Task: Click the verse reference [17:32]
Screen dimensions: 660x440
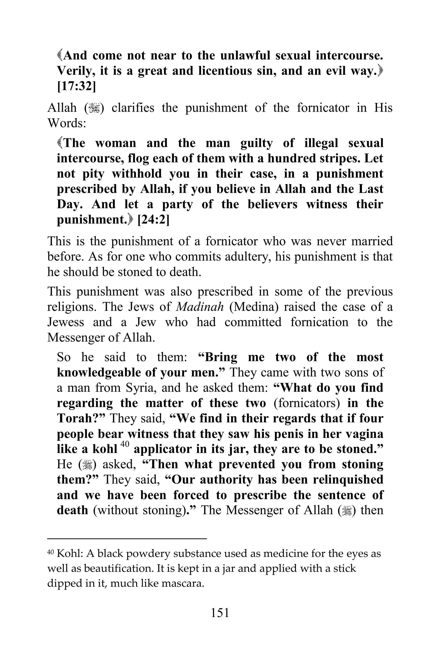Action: (76, 86)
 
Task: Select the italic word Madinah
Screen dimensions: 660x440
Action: (200, 307)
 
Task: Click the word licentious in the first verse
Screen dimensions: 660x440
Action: (225, 71)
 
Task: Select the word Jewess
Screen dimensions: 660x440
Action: (65, 322)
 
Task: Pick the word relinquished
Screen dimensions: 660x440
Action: (348, 480)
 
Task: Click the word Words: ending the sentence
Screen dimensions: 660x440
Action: (66, 123)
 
